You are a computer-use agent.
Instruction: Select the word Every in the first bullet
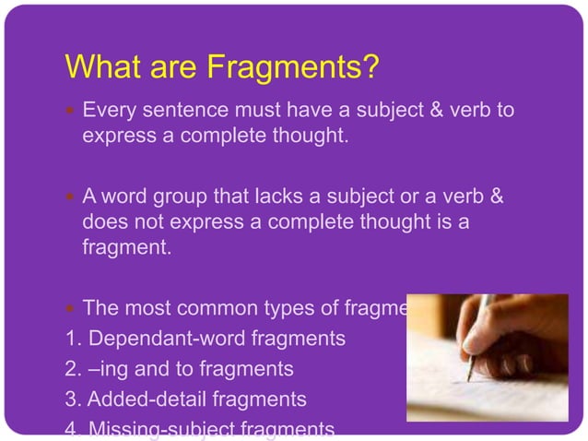106,112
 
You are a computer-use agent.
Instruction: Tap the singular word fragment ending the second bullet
122,247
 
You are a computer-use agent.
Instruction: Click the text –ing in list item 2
105,369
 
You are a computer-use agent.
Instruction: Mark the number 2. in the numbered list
74,369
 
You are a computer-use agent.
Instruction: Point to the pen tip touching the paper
469,378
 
